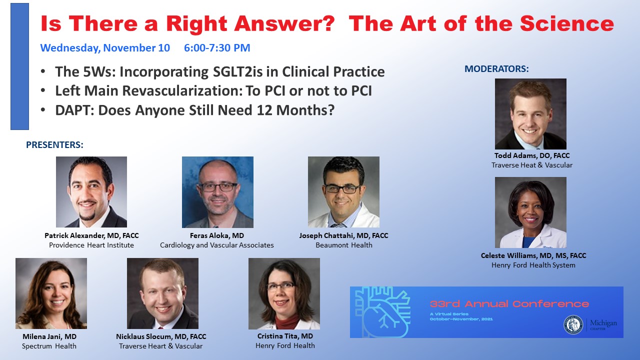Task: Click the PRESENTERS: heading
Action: [54, 145]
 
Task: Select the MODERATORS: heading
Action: [496, 69]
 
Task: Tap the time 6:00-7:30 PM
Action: [217, 47]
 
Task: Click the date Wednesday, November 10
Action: [105, 48]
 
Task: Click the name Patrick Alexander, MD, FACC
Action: [91, 235]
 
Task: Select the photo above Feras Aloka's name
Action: [217, 192]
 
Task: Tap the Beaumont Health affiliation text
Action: [344, 245]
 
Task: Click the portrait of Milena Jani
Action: [51, 293]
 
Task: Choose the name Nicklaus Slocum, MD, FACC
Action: [161, 336]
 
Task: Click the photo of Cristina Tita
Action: [284, 293]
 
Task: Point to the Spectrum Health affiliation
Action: [49, 346]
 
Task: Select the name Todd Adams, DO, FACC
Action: [532, 155]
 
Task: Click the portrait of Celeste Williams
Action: [530, 212]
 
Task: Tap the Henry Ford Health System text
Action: [533, 265]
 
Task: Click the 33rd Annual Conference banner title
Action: [509, 304]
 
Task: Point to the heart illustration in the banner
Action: [382, 312]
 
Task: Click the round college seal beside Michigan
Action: [573, 325]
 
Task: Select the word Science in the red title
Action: [567, 23]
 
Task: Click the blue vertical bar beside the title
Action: [19, 66]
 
